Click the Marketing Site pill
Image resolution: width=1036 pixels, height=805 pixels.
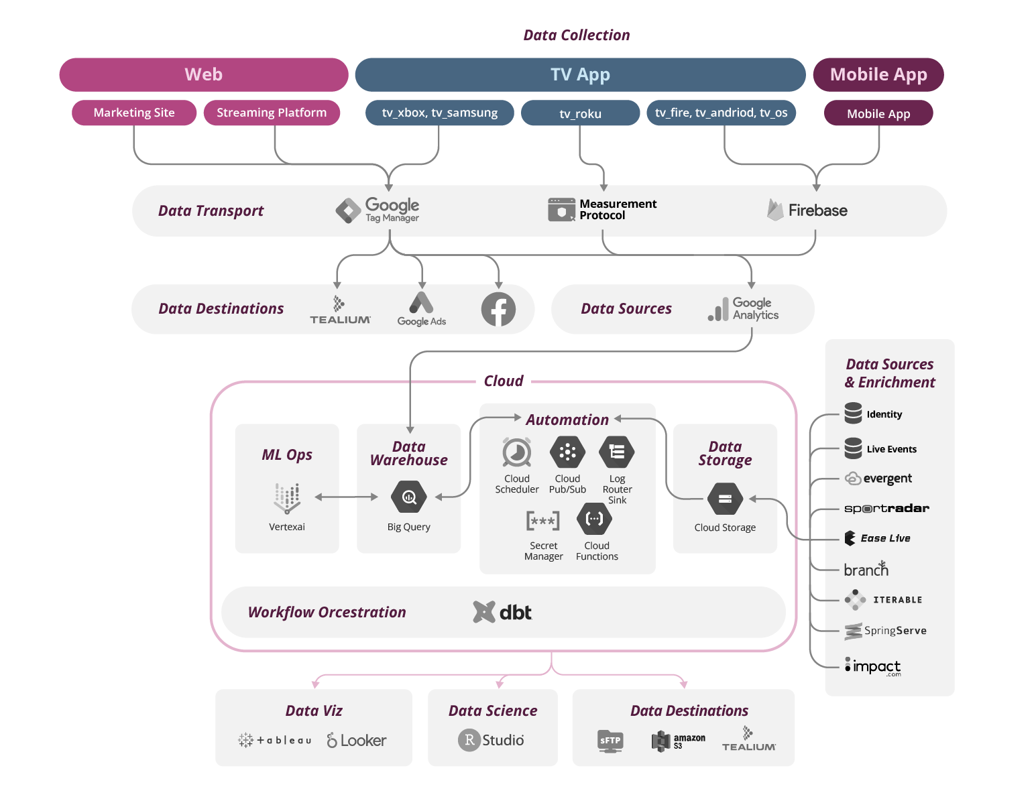(134, 113)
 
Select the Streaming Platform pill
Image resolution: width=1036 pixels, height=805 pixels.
(272, 113)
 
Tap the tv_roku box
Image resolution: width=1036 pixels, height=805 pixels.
(580, 113)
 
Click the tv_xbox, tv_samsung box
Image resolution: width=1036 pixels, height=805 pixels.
(440, 113)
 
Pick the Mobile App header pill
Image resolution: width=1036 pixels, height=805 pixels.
(878, 74)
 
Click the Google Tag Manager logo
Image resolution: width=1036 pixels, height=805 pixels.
(377, 210)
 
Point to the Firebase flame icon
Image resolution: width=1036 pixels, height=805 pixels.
(775, 210)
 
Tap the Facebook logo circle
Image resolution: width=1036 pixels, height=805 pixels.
(498, 309)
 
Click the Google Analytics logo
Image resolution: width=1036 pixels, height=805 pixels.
(743, 309)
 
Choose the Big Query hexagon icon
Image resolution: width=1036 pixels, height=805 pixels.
(408, 497)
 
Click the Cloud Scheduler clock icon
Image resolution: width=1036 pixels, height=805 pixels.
(516, 452)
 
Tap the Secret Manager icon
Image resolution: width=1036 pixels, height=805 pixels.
(542, 521)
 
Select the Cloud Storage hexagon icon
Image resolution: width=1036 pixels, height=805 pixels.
(725, 499)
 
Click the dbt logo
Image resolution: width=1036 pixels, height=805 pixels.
(502, 612)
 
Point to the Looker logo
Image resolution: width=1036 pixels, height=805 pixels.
(356, 740)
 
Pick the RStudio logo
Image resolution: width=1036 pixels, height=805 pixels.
(491, 740)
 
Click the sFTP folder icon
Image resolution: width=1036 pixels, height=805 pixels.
(610, 741)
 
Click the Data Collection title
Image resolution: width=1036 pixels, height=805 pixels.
(576, 35)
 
